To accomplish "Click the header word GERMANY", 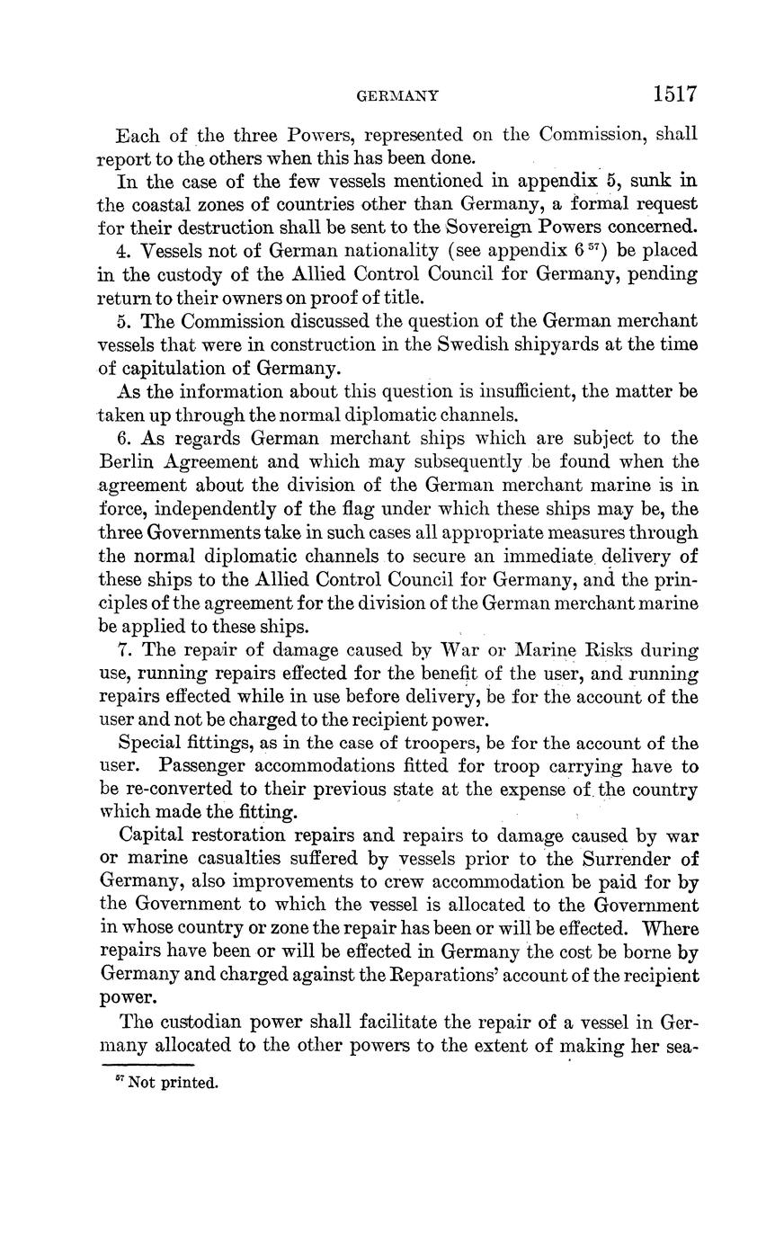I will coord(397,95).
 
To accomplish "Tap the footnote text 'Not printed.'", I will coord(173,1083).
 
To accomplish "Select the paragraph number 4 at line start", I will coord(124,250).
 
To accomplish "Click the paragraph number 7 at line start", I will coord(124,650).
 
